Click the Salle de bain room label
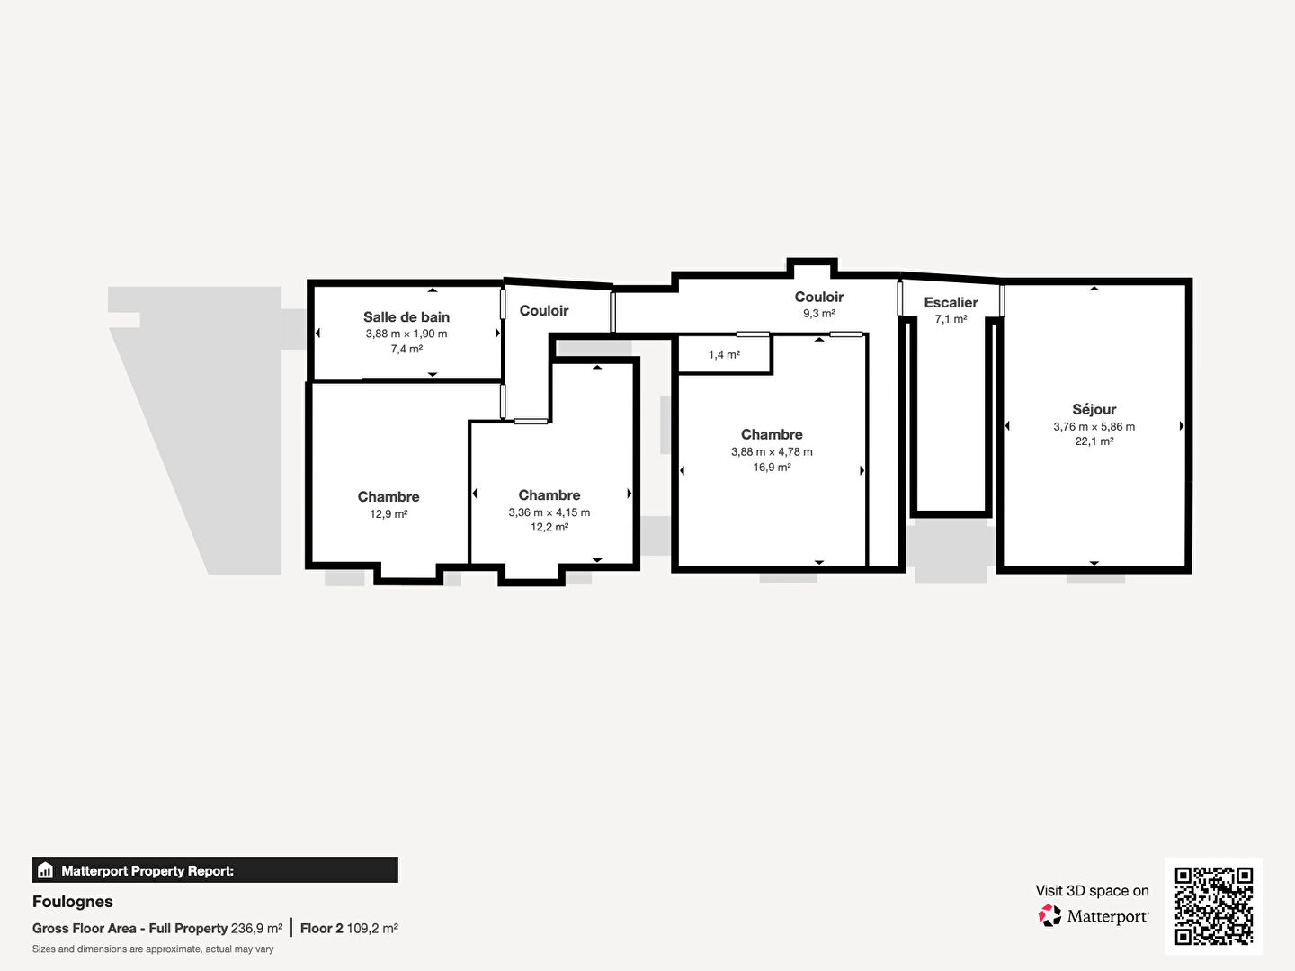click(x=406, y=317)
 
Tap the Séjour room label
click(x=1094, y=409)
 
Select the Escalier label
click(x=951, y=302)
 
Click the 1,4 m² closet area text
click(x=724, y=354)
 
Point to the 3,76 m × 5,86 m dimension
click(x=1094, y=426)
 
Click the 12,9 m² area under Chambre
click(x=388, y=514)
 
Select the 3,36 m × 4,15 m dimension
click(x=549, y=512)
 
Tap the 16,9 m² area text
click(x=772, y=467)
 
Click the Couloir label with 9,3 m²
click(x=819, y=297)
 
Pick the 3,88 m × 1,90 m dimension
click(x=406, y=334)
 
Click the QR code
click(x=1213, y=906)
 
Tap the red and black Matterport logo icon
click(x=1049, y=915)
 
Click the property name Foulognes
click(x=73, y=902)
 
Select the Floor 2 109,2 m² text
click(x=349, y=929)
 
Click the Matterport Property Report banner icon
click(x=46, y=870)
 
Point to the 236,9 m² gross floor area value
click(x=256, y=929)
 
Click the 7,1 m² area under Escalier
click(x=951, y=319)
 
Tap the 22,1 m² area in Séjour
click(x=1094, y=441)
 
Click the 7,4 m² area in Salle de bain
click(x=406, y=349)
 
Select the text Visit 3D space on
click(x=1092, y=891)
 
